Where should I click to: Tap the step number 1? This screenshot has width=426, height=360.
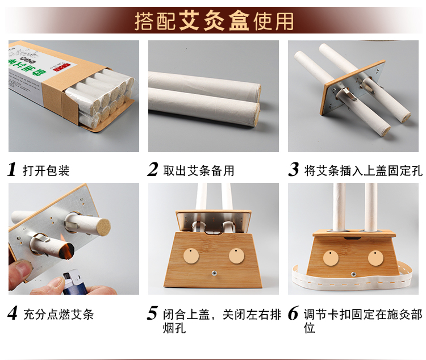tap(12, 169)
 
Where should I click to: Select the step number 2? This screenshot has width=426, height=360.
tap(152, 169)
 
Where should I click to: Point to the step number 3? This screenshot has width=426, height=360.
tap(293, 169)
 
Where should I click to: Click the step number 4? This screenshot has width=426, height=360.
tap(12, 313)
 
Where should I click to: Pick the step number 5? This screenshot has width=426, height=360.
tap(152, 313)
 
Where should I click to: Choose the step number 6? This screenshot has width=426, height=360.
tap(293, 313)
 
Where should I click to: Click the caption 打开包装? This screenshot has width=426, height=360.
tap(46, 170)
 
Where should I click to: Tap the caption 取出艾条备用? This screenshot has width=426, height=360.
tap(198, 170)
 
